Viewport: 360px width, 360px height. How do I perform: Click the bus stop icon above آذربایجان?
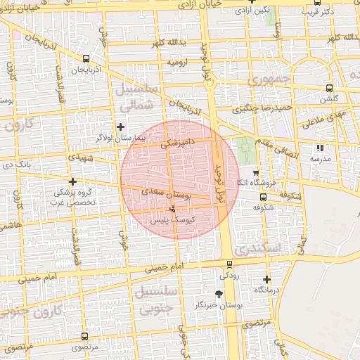[85, 59]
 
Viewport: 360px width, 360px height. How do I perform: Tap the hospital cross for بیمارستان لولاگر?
[121, 127]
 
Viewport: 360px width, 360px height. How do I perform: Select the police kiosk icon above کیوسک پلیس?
[174, 209]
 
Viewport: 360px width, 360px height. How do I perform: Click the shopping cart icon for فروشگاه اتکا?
[255, 172]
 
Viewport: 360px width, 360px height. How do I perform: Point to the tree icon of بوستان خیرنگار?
[219, 294]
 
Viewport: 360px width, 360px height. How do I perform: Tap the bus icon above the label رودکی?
[229, 265]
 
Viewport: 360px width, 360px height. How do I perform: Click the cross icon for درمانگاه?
[266, 279]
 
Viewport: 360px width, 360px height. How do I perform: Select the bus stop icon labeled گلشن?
[329, 89]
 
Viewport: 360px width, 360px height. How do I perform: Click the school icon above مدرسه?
[320, 148]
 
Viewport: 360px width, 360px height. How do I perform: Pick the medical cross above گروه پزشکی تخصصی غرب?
[72, 181]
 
